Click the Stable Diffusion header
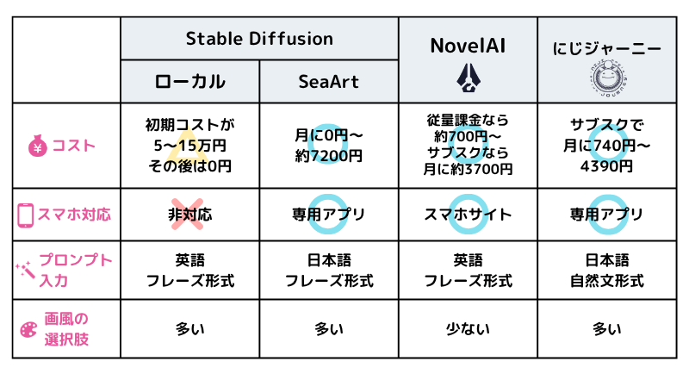click(x=259, y=38)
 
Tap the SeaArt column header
click(x=328, y=82)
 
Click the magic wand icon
click(x=26, y=270)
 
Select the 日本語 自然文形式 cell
click(x=607, y=270)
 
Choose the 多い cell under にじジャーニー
click(x=607, y=328)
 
